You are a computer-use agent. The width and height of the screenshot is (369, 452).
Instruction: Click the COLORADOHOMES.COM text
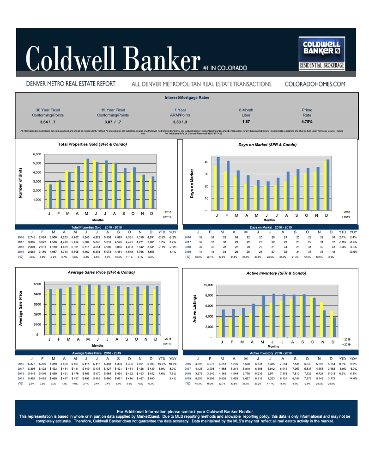point(315,84)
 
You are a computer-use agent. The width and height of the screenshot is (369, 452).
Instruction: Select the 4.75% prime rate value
point(306,122)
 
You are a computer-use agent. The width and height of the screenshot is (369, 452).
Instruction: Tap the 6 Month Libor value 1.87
point(246,122)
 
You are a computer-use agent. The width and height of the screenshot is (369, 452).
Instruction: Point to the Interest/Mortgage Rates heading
point(187,98)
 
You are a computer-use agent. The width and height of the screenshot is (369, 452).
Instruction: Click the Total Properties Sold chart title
point(92,145)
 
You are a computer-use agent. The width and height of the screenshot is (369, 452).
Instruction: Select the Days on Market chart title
point(267,145)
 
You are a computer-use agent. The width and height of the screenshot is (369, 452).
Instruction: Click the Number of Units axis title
point(20,182)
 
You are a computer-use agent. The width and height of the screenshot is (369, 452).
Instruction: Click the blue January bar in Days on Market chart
point(218,184)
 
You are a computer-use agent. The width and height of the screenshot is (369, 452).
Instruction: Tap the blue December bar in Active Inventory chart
point(335,328)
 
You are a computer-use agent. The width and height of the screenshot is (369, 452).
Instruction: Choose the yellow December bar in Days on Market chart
point(325,186)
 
